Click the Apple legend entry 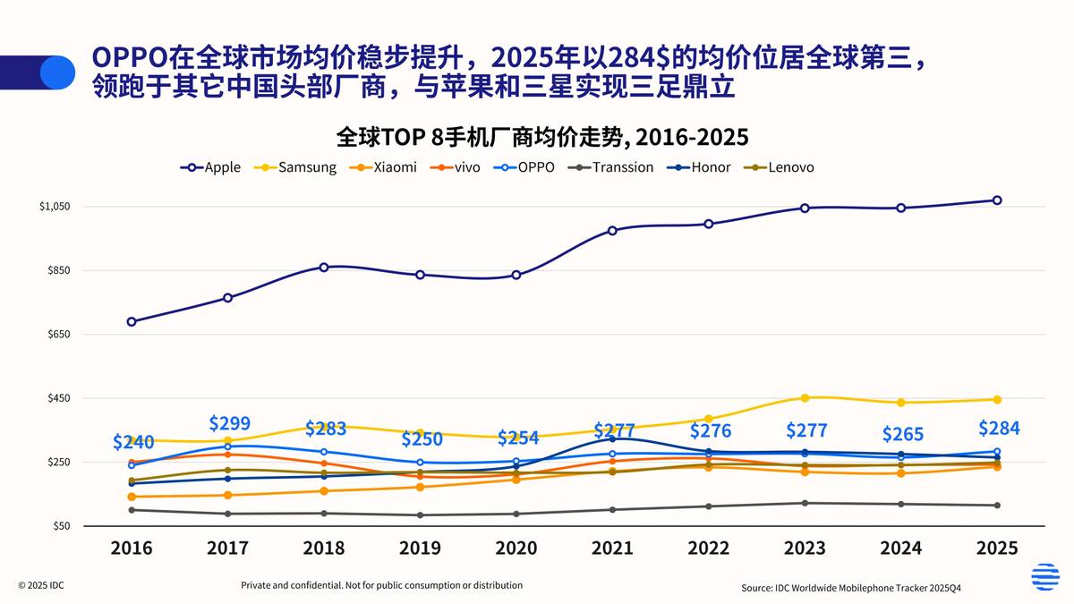tap(210, 167)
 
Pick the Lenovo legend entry tap(781, 167)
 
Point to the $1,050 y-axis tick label tap(55, 207)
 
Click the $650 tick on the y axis tap(58, 335)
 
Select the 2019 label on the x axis tap(420, 549)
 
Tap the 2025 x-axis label tap(996, 549)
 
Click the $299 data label tap(229, 423)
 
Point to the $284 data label tap(999, 428)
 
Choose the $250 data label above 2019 tap(422, 439)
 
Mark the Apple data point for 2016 tap(132, 321)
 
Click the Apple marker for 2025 tap(997, 200)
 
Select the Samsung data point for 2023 tap(805, 398)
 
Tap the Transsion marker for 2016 tap(132, 510)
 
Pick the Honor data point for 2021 tap(612, 438)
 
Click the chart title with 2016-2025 tap(541, 137)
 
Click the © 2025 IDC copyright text tap(40, 585)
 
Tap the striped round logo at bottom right tap(1044, 577)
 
